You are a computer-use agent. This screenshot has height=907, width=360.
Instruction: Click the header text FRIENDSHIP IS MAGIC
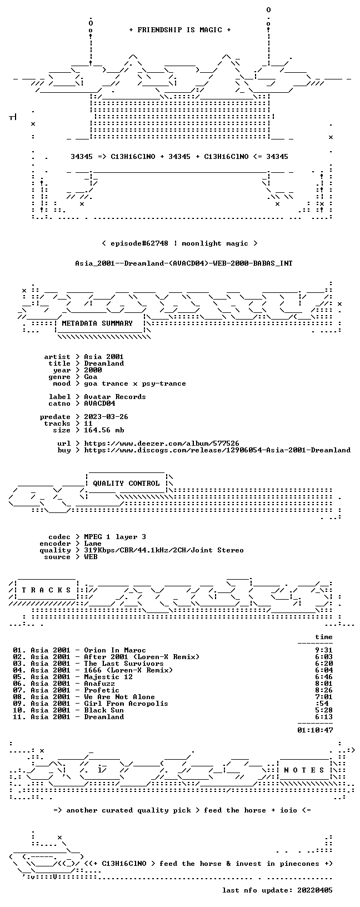coord(180,30)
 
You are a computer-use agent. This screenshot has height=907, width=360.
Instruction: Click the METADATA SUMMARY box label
coord(97,323)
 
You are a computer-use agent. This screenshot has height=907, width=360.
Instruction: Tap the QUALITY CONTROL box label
coord(126,483)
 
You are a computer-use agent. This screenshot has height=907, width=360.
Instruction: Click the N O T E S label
coord(304,770)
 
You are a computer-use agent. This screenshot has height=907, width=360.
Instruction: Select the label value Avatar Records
coord(115,397)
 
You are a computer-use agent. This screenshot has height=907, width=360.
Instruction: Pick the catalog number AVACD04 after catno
coord(99,403)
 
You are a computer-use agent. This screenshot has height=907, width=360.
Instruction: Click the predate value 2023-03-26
coord(106,417)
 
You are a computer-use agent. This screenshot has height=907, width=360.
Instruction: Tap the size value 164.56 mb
coord(104,430)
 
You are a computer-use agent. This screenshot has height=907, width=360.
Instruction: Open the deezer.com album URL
coord(162,443)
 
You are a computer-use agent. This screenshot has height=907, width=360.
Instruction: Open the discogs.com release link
coord(217,450)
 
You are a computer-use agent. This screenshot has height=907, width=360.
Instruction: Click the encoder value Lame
coord(93,544)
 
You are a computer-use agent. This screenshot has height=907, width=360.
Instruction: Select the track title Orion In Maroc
coord(115,650)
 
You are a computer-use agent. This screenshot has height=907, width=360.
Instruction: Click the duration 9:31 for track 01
coord(324,650)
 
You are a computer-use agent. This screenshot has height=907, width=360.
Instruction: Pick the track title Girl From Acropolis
coord(126,704)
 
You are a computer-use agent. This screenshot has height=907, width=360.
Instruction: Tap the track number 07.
coord(18,690)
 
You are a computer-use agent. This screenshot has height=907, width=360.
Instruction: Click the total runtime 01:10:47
coord(315,730)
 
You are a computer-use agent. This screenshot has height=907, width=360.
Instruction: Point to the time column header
coord(324,637)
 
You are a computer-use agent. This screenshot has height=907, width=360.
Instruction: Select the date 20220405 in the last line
coord(315,890)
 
